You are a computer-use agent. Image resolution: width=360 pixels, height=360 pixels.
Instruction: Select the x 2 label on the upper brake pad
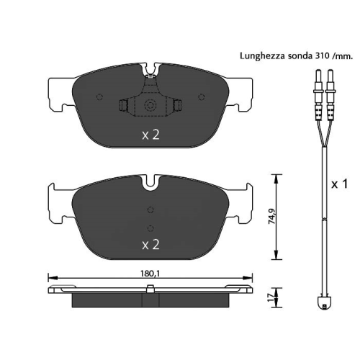click(x=150, y=134)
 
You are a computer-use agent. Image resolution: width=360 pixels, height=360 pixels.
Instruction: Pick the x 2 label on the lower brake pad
click(x=150, y=245)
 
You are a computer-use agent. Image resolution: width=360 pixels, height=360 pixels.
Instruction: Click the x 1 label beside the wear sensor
click(x=340, y=184)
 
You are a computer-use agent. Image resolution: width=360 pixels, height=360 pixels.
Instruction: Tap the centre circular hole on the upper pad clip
click(x=150, y=107)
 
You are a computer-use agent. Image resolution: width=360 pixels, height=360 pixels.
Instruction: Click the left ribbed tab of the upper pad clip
click(x=123, y=107)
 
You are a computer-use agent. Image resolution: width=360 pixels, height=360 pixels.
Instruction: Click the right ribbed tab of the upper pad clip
click(x=178, y=107)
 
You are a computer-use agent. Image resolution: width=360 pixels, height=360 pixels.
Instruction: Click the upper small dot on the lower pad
click(x=150, y=210)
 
